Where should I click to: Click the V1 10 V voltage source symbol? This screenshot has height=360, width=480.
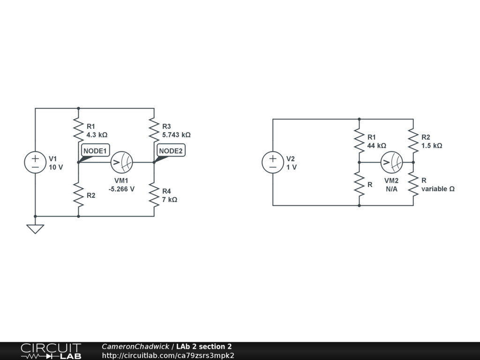35,162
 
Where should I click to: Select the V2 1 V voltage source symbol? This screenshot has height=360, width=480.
273,162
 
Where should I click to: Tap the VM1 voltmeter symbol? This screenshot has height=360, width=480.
122,162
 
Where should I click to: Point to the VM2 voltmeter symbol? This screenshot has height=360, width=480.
391,162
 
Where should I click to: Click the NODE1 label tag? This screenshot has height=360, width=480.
96,150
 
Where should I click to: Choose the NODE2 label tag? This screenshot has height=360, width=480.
171,150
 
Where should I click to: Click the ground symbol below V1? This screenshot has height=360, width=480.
35,229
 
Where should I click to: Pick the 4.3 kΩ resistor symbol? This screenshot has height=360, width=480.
78,130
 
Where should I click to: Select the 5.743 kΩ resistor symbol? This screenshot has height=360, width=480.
154,130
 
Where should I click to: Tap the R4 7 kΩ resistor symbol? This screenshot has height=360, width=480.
154,195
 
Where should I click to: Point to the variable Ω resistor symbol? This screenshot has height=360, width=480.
413,184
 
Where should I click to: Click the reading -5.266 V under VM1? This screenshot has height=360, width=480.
121,189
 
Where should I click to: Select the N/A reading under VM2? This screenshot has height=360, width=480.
391,189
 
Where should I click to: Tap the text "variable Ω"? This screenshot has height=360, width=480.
438,189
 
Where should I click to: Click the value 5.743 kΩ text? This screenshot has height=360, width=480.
176,135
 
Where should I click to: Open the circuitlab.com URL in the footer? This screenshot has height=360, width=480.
168,355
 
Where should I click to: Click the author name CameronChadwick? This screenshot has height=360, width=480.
135,346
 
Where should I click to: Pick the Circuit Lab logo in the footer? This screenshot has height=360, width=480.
51,351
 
